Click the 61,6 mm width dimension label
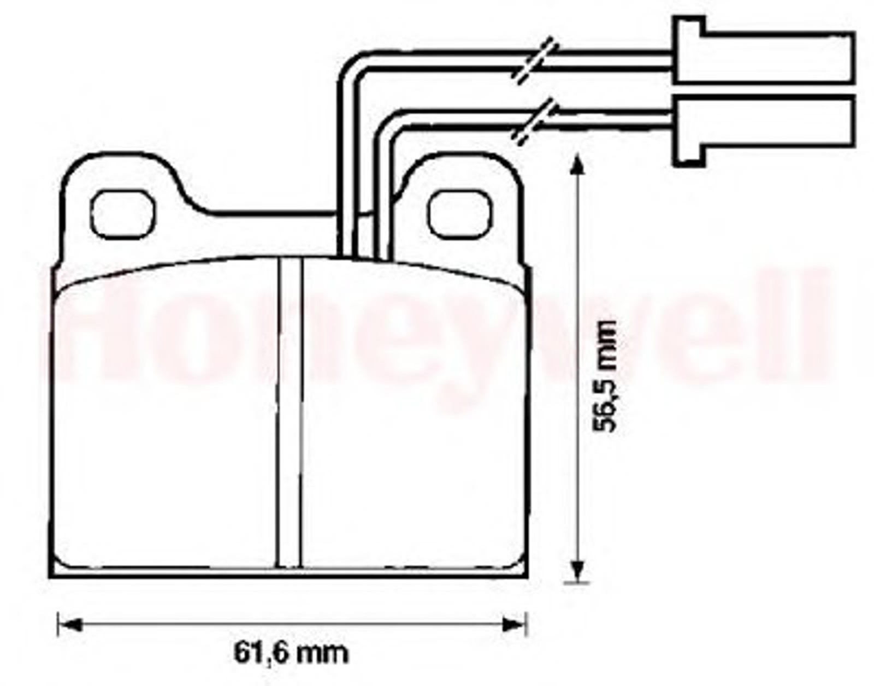(x=291, y=655)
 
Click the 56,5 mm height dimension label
(x=605, y=375)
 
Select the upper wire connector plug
(x=764, y=50)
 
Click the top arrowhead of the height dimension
(x=578, y=165)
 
